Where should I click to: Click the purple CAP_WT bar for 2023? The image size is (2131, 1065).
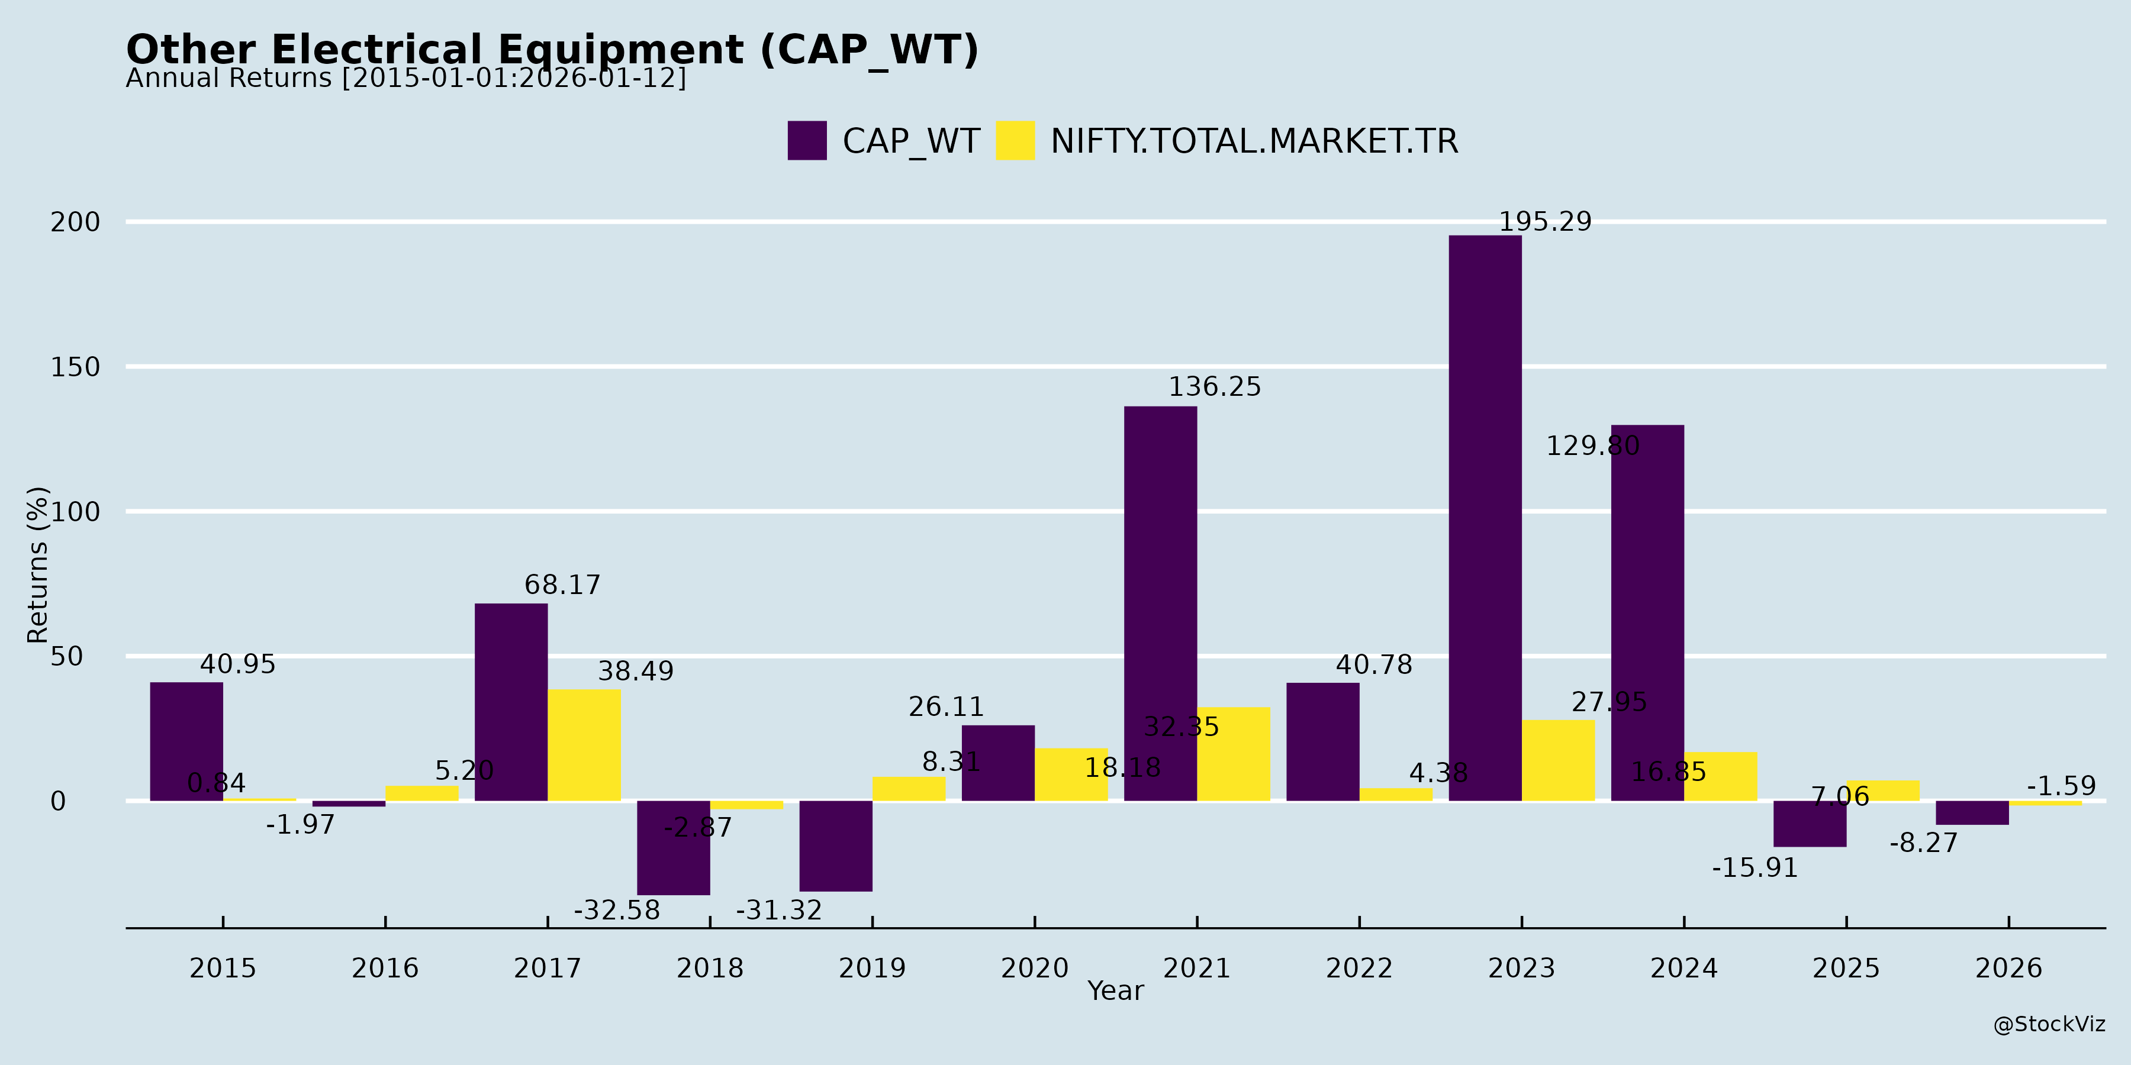point(1485,518)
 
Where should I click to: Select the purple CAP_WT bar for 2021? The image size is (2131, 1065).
point(1160,603)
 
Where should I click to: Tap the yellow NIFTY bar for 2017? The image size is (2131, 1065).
point(584,745)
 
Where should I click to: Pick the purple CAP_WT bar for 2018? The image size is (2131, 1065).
point(674,847)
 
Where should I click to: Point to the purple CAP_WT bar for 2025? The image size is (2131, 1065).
point(1809,824)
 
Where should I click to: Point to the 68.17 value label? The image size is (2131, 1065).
point(562,585)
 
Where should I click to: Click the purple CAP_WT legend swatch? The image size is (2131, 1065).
point(807,141)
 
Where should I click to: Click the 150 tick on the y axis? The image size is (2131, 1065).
point(75,367)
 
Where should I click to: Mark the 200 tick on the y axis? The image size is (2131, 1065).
point(75,222)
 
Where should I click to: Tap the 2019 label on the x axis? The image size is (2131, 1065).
point(872,968)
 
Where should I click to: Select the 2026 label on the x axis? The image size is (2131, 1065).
point(2008,968)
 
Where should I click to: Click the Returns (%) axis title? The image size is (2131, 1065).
point(37,565)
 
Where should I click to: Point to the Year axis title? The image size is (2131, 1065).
point(1115,990)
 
